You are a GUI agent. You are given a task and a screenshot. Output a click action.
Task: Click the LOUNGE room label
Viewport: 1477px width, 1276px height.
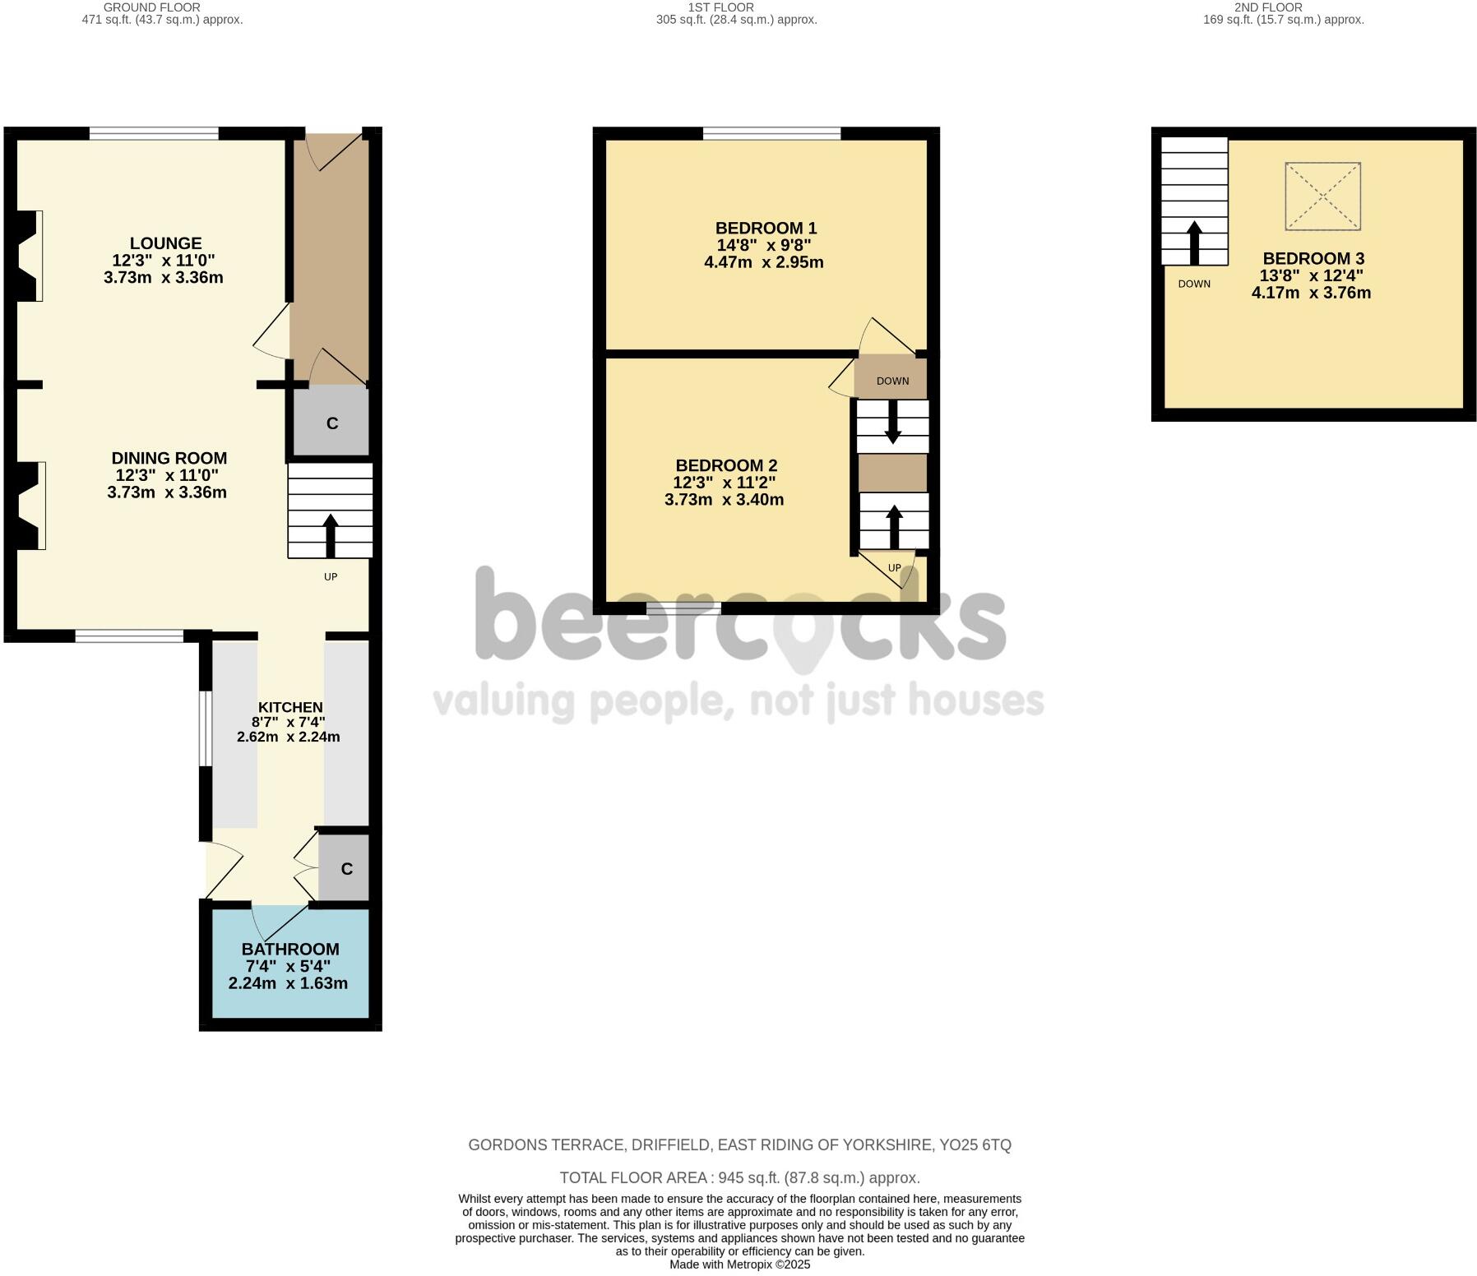(x=165, y=243)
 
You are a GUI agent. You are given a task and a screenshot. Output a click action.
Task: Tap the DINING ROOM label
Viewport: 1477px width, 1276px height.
(x=169, y=458)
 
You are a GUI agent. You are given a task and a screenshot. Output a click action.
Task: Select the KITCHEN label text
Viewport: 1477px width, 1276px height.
(x=290, y=707)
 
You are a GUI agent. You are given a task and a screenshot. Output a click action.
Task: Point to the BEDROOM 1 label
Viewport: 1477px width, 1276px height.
(x=765, y=228)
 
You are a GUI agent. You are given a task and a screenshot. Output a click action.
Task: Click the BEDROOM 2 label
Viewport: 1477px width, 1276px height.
(x=725, y=465)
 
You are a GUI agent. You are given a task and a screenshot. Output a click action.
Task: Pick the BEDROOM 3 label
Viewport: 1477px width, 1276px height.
(x=1313, y=258)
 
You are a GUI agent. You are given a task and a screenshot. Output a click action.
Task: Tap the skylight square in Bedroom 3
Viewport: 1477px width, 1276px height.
(x=1322, y=196)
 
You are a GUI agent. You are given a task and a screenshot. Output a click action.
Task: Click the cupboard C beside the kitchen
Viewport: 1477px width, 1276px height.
(x=345, y=869)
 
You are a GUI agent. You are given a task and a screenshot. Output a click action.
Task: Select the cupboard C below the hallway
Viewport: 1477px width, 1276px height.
(x=331, y=423)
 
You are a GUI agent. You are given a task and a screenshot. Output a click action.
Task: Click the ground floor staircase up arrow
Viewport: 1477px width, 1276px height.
(x=331, y=534)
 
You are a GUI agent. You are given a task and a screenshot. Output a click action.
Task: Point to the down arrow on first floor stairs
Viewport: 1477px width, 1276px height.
(x=892, y=423)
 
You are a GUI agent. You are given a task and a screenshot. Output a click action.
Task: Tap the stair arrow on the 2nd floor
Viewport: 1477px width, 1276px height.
(x=1194, y=241)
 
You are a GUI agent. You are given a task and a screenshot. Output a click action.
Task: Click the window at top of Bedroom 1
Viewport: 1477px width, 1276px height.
(x=771, y=133)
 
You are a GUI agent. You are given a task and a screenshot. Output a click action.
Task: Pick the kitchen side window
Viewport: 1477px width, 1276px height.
(x=203, y=728)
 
